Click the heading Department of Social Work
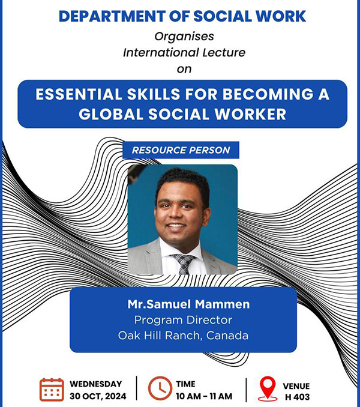coord(182,16)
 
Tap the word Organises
coord(184,37)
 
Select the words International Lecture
coord(184,52)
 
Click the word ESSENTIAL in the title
coord(79,94)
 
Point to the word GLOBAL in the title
coord(111,114)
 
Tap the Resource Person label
coord(181,150)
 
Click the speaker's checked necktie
coord(184,264)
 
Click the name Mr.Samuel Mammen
coord(188,304)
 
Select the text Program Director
coord(183,320)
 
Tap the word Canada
coord(227,336)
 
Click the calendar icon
coord(52,390)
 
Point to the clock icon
coord(160,388)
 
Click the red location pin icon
coord(268,388)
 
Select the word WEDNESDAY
coord(96,384)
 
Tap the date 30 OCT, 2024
coord(98,396)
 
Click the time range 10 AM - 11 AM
coord(204,396)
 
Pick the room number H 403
coord(297,397)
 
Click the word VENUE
coord(296,386)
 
